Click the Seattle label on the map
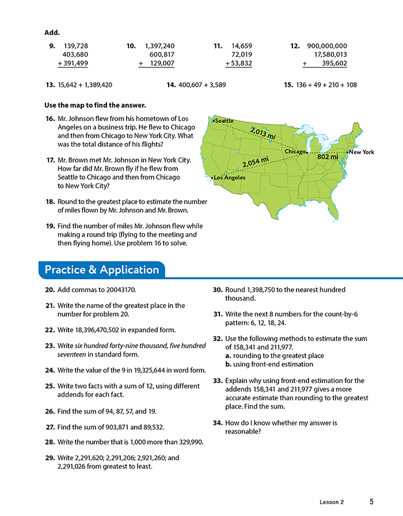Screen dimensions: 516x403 tap(224, 120)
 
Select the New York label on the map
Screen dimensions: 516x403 tap(362, 152)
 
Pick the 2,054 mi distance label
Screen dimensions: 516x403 tap(255, 162)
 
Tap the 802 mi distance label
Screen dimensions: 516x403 tap(328, 156)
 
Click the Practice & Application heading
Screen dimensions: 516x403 tap(101, 270)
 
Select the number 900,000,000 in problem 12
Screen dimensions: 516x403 tap(327, 45)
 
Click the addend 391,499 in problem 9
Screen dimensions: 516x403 tap(72, 63)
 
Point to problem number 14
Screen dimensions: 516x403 tap(171, 85)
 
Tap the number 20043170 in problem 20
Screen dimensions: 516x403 tap(119, 290)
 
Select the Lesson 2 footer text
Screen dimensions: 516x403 tap(332, 502)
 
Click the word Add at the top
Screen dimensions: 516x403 tap(52, 32)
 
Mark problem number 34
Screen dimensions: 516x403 tap(218, 423)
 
